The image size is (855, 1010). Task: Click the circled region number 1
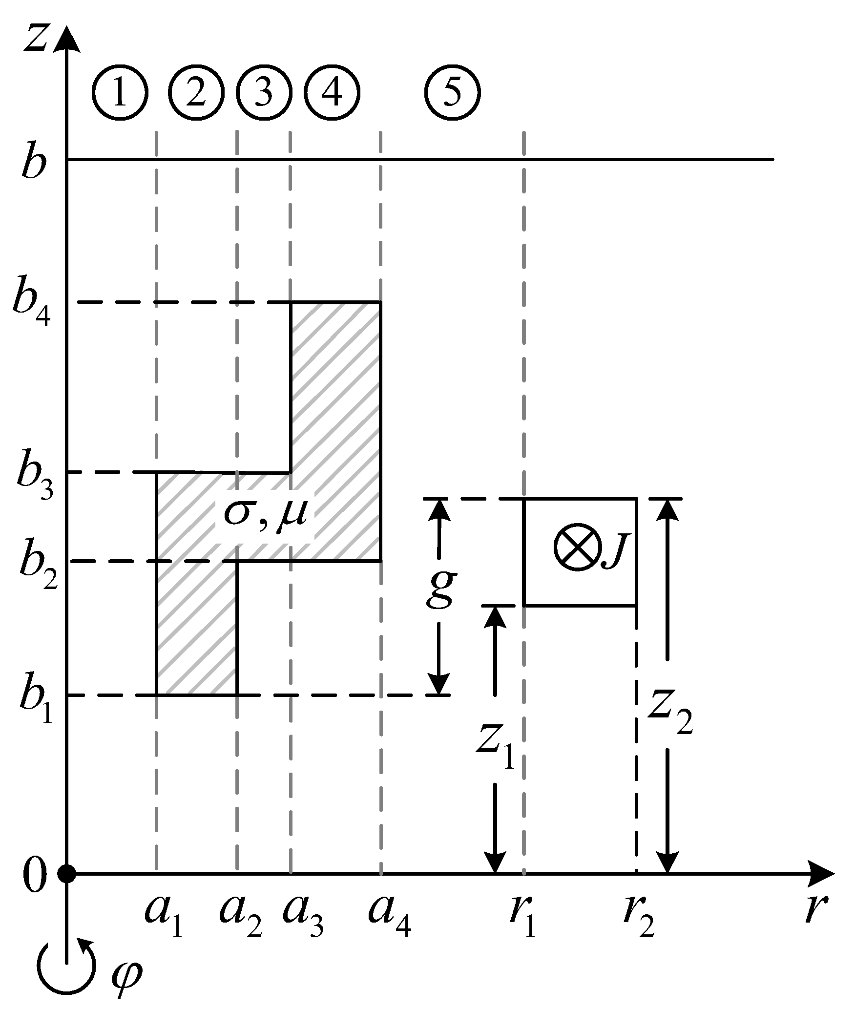pyautogui.click(x=120, y=92)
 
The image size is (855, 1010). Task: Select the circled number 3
pyautogui.click(x=264, y=92)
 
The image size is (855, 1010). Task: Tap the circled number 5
pyautogui.click(x=452, y=92)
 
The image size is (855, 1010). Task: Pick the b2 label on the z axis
pyautogui.click(x=37, y=564)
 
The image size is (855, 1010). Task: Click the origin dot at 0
pyautogui.click(x=66, y=873)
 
